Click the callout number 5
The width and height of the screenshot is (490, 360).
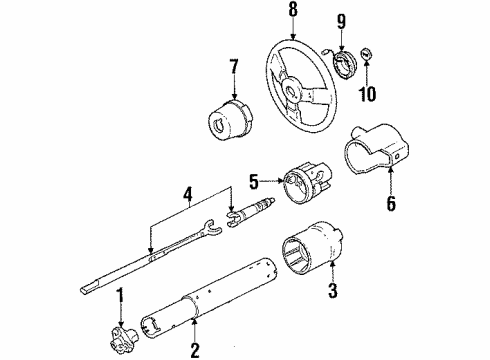[x=254, y=180]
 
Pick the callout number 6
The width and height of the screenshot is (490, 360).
[x=391, y=204]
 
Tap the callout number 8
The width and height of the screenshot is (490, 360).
[x=293, y=12]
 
